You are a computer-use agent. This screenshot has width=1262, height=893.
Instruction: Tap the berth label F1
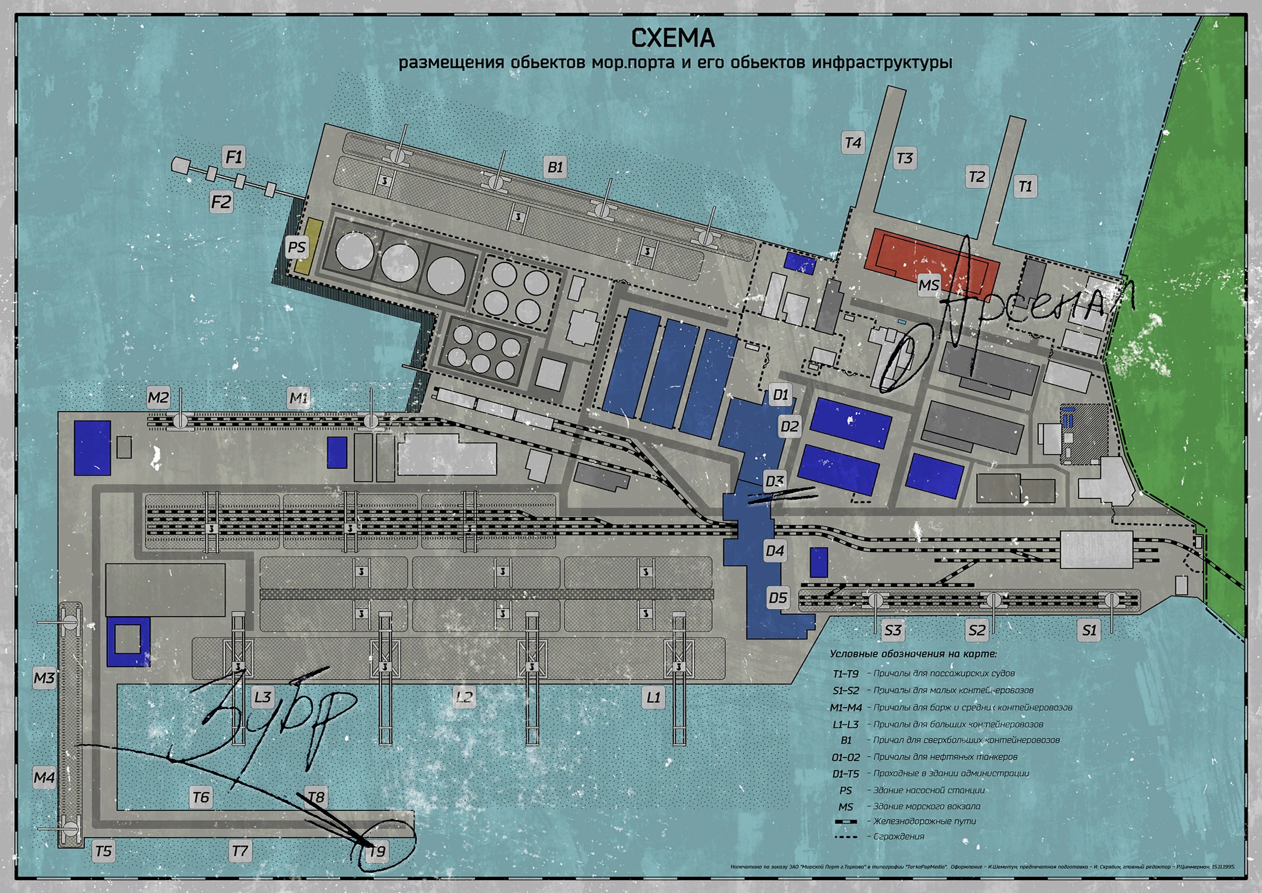click(234, 157)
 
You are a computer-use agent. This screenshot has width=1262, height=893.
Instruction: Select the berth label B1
click(555, 167)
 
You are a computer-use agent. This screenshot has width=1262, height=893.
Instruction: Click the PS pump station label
click(296, 247)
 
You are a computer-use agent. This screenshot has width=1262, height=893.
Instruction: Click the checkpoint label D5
click(778, 598)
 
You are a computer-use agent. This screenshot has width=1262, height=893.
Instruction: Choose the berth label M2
click(158, 398)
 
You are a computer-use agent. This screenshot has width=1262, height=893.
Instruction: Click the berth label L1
click(653, 698)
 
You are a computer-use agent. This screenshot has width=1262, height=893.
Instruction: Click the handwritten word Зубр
click(275, 715)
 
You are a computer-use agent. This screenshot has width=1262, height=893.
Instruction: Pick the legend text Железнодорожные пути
click(925, 821)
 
